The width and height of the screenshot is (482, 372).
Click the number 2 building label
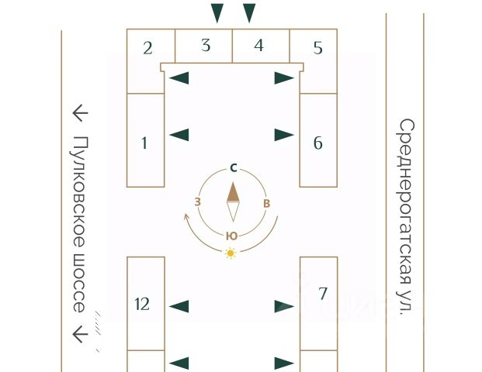147,48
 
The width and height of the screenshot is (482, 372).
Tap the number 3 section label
206,45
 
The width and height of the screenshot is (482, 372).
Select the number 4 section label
258,46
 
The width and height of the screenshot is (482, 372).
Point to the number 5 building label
318,48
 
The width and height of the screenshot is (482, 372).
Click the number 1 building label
144,143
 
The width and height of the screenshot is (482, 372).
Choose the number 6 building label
318,143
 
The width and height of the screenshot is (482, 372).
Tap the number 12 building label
142,304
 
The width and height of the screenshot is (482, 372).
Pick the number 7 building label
322,294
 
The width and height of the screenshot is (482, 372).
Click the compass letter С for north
234,168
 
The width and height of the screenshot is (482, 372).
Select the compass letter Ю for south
232,236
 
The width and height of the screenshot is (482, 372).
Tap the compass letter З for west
198,202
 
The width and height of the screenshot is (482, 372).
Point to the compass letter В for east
266,203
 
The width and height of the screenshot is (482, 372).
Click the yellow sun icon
231,253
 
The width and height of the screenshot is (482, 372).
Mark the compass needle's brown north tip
233,183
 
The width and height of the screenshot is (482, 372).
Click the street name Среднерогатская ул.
406,217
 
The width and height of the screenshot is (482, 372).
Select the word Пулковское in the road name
79,192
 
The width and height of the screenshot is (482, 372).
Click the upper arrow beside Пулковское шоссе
80,113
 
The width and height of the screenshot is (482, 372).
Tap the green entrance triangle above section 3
217,13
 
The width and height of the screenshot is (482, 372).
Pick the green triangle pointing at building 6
284,135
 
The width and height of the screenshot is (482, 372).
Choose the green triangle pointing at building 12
179,307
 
